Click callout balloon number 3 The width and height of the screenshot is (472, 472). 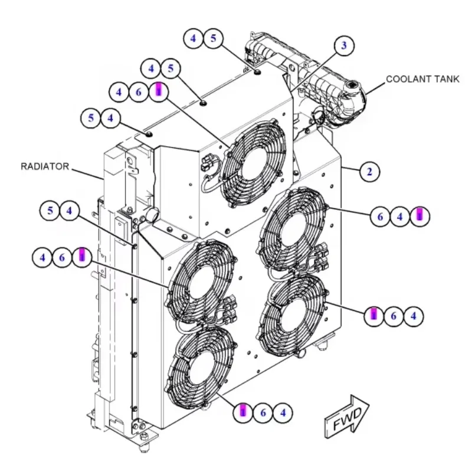point(344,45)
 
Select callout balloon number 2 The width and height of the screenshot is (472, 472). point(369,172)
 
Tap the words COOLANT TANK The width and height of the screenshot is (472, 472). point(422,79)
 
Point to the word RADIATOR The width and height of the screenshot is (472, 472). point(45,166)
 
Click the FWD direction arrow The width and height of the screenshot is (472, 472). point(346,417)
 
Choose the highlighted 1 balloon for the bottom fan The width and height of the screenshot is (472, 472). point(243,412)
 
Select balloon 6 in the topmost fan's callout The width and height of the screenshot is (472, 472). point(139,92)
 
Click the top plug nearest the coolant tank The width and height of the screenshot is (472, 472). point(257,72)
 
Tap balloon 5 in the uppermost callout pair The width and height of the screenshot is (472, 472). point(213,38)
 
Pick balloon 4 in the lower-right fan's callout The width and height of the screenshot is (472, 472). point(414,316)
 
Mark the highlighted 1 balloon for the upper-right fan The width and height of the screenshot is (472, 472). point(419,216)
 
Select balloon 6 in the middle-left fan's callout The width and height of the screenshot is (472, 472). point(62,258)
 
